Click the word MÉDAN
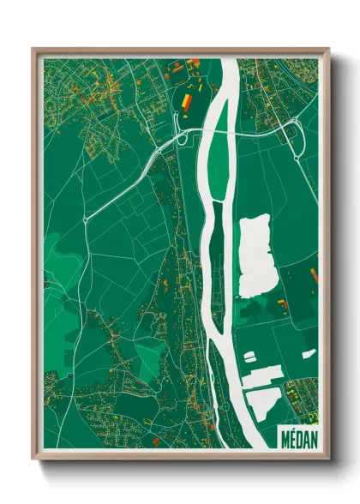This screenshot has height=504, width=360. pyautogui.click(x=298, y=438)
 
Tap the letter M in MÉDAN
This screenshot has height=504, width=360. pyautogui.click(x=284, y=438)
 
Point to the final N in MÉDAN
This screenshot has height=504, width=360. pyautogui.click(x=313, y=438)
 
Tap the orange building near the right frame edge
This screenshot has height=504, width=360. pyautogui.click(x=313, y=273)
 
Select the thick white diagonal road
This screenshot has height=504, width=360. pyautogui.click(x=129, y=180)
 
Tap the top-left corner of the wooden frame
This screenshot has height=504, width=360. pyautogui.click(x=33, y=49)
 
